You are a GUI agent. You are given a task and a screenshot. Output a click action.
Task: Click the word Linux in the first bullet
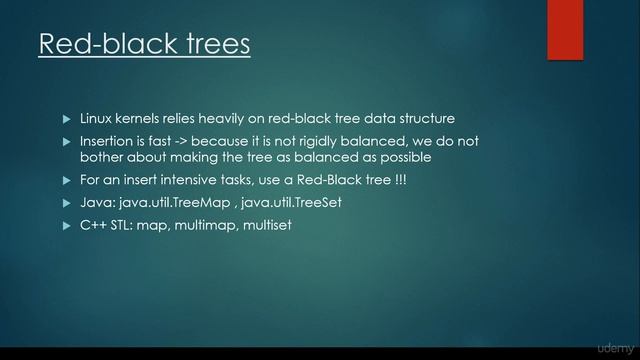(x=98, y=118)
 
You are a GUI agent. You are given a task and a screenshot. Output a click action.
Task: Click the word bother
(x=103, y=157)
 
